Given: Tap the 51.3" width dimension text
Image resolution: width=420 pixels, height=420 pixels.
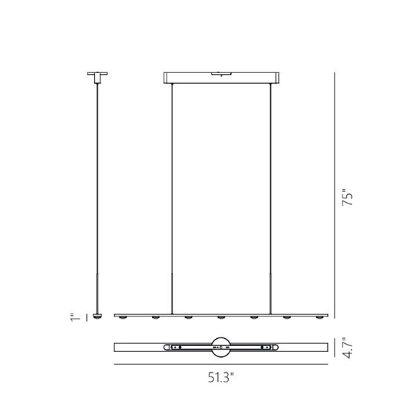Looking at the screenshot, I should tap(221, 377).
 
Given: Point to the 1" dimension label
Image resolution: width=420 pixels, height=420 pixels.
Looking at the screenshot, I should tap(72, 316).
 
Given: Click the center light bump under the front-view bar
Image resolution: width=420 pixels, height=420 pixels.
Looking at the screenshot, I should tap(222, 318).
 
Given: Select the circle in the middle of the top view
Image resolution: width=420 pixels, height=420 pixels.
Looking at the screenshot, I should tap(221, 347).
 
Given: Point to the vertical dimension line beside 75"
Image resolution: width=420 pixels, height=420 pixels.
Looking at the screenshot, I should tap(335, 196).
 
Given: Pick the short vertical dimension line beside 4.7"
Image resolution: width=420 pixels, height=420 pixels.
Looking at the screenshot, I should tap(335, 347).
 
